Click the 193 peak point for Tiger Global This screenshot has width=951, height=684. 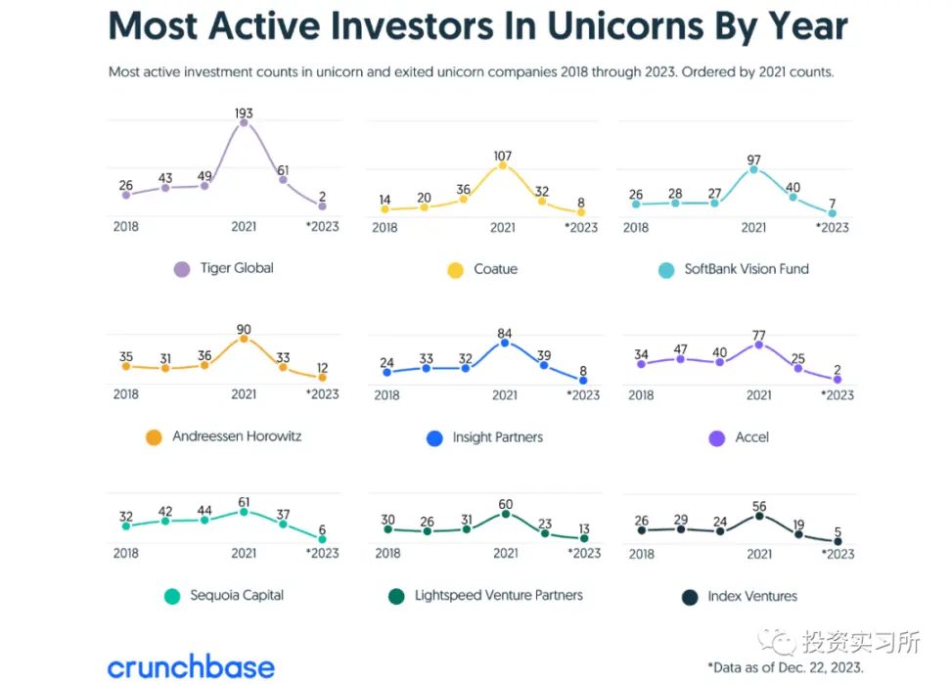click(x=244, y=122)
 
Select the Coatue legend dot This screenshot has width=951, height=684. click(x=455, y=270)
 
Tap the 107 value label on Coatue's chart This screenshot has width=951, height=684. click(x=503, y=155)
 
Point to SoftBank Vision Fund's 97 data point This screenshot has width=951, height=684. click(x=753, y=169)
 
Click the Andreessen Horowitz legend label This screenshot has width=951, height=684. click(x=237, y=436)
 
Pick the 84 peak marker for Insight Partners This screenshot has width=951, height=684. click(x=505, y=342)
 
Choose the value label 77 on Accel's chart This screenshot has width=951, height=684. click(x=759, y=334)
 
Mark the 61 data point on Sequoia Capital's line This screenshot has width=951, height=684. click(x=244, y=511)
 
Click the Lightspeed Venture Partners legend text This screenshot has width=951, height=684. click(x=498, y=595)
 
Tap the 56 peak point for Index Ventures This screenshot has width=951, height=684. click(x=759, y=515)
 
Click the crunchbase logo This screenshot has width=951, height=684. click(x=191, y=667)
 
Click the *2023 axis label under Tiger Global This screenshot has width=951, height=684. click(x=322, y=227)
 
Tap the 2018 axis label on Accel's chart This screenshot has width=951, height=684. click(x=641, y=395)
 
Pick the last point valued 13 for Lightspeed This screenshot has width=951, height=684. click(x=584, y=537)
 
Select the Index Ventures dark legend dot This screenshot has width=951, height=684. click(x=689, y=597)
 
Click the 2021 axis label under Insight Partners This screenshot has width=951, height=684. click(x=505, y=395)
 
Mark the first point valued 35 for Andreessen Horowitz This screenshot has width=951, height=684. click(x=125, y=366)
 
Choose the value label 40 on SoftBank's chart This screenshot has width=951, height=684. click(x=792, y=188)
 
